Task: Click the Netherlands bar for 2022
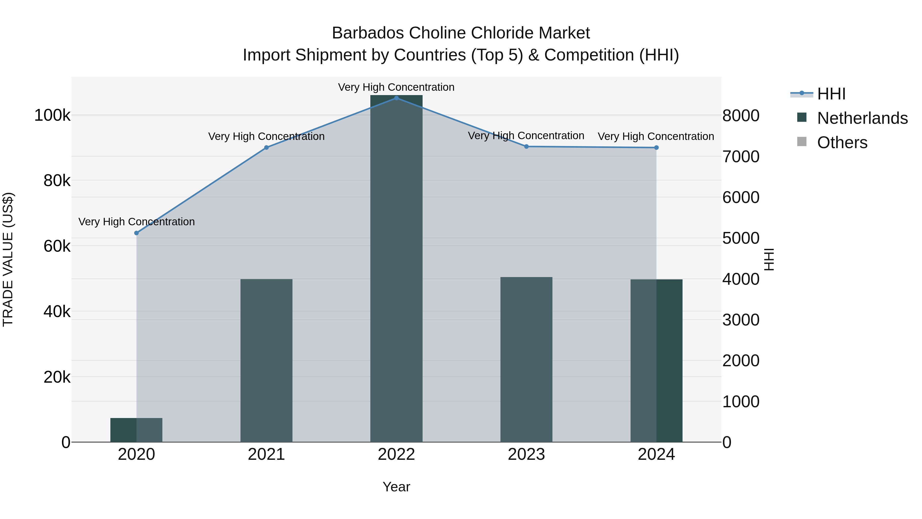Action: tap(396, 269)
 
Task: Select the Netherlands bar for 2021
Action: tap(266, 360)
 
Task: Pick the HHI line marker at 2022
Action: tap(396, 98)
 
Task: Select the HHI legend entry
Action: tap(831, 94)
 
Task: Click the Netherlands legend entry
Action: tap(862, 118)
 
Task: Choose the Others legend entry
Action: tap(842, 143)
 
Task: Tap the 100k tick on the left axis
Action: tap(52, 116)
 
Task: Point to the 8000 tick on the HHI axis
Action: tap(740, 116)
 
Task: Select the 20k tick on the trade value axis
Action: tap(57, 378)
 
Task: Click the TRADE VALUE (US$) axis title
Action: tap(8, 259)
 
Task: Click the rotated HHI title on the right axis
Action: tap(769, 259)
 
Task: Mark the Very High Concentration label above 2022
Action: tap(396, 87)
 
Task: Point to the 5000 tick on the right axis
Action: tap(740, 238)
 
